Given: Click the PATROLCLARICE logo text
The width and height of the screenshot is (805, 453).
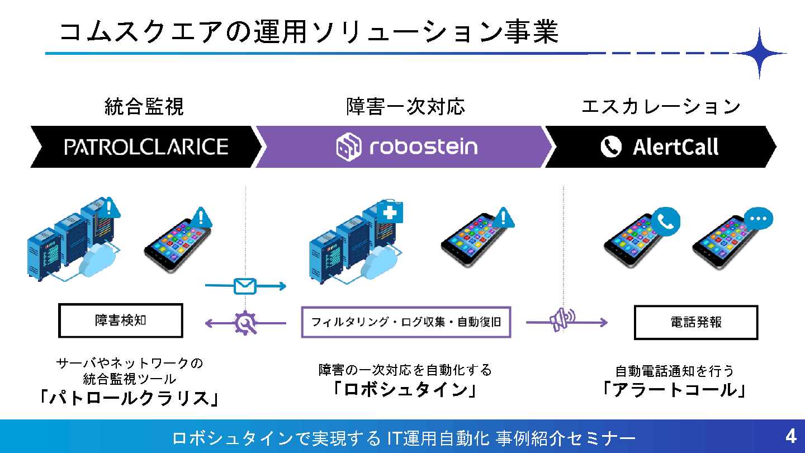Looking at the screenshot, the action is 146,147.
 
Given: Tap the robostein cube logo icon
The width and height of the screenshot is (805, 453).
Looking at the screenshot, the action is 349,147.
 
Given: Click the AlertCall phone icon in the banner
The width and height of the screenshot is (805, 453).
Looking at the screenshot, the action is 611,147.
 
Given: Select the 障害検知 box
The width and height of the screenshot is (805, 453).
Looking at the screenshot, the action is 121,320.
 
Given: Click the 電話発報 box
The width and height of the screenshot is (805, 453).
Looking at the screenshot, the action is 696,323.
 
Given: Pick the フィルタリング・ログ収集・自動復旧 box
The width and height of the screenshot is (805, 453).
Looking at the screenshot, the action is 406,322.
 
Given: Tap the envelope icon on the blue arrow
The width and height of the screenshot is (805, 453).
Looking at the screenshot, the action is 245,286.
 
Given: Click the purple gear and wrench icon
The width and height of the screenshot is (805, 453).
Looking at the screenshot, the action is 245,323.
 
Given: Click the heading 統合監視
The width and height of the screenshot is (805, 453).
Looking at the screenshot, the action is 144,107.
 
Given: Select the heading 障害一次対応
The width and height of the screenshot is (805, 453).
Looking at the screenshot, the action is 406,107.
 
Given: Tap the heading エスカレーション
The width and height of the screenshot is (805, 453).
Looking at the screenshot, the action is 661,107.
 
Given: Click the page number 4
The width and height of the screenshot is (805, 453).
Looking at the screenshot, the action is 790,436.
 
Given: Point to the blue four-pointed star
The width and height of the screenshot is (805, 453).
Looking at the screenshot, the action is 759,53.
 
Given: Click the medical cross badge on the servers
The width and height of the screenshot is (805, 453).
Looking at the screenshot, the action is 390,213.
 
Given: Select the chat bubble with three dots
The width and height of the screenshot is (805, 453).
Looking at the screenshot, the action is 759,219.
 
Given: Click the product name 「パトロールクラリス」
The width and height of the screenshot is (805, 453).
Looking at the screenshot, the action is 129,398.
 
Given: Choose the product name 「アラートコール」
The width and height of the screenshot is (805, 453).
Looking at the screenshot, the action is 674,390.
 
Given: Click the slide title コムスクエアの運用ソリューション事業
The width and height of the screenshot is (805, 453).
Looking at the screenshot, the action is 309,32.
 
